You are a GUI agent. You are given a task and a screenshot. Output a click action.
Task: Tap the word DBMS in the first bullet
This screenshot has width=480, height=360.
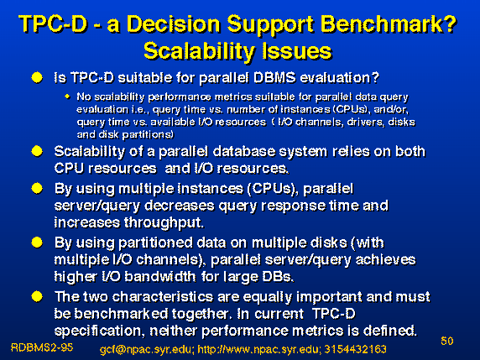(274, 78)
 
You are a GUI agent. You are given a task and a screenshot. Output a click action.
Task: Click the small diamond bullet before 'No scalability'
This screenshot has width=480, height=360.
(67, 97)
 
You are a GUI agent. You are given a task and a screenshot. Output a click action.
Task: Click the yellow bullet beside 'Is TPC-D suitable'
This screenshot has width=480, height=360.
(37, 77)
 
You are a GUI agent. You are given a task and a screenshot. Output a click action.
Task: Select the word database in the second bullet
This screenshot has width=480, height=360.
(243, 152)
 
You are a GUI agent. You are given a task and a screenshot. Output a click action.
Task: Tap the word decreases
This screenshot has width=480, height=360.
(180, 206)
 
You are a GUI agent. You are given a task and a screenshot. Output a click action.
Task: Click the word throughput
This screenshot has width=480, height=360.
(164, 223)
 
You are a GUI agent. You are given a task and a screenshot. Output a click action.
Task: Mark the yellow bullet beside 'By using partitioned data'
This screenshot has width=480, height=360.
(37, 243)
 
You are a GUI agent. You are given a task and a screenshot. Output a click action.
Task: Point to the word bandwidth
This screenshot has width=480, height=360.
(160, 277)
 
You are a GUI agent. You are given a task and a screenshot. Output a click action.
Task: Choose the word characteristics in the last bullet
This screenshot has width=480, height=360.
(163, 297)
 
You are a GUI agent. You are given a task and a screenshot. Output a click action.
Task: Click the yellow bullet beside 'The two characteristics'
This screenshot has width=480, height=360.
(37, 296)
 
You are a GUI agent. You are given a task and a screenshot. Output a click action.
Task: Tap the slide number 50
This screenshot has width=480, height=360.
(447, 341)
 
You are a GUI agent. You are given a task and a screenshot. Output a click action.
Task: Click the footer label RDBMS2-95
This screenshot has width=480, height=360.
(42, 347)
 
